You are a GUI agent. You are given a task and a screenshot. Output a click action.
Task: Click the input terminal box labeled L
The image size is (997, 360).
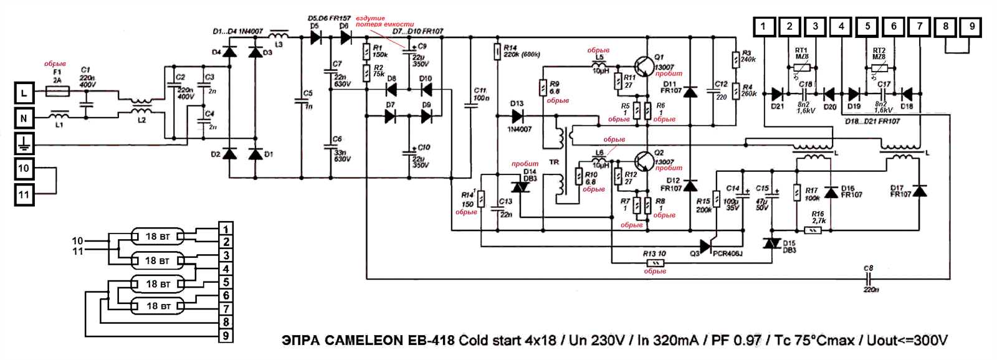point(24,93)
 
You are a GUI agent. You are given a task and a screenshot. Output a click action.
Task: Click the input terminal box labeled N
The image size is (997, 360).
point(24,118)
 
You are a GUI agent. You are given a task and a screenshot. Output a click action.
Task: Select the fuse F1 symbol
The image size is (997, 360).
point(59,92)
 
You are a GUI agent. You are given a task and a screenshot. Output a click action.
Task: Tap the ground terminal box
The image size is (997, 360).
point(24,144)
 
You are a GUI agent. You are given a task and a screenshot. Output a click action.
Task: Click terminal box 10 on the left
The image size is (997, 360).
point(24,168)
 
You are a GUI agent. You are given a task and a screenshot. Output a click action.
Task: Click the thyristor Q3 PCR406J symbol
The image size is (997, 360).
point(706,247)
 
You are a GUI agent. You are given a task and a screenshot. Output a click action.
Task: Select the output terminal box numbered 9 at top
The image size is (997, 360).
point(971,26)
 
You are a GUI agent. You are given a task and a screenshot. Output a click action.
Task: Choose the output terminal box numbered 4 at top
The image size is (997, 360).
point(842,26)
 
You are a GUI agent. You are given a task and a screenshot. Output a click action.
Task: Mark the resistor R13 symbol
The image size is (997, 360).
point(654,263)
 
